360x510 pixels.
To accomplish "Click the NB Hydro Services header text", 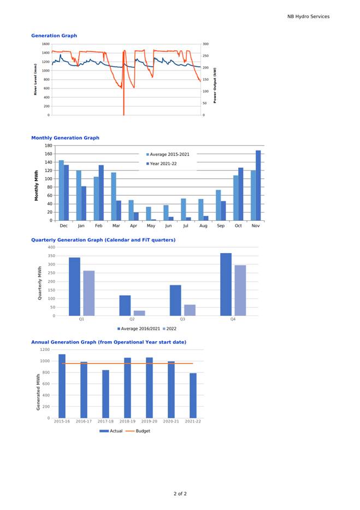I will tap(308, 16).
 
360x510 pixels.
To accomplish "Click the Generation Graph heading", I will tap(54, 36).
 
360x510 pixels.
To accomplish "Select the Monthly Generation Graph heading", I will tap(65, 138).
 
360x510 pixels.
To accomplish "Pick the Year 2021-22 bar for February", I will tap(101, 192).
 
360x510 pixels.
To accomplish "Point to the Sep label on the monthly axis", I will tap(221, 225).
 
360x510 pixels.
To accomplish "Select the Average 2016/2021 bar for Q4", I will tap(226, 284).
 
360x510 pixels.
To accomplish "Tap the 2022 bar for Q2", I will tap(139, 313).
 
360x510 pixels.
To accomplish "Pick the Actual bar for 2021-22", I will tap(193, 395).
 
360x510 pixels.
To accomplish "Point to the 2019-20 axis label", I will tap(149, 421).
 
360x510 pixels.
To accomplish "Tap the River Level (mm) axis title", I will tap(36, 79).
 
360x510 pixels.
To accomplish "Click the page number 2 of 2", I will tap(180, 494).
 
